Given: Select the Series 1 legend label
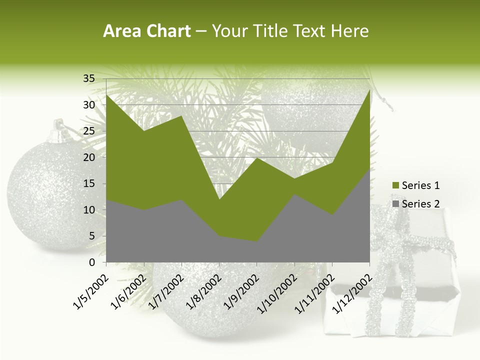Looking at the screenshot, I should tap(420, 185).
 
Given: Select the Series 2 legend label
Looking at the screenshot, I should tap(420, 203).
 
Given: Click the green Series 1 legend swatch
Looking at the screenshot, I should tap(395, 185).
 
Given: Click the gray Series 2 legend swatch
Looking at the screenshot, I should tap(395, 203).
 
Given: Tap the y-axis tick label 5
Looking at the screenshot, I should tap(91, 236).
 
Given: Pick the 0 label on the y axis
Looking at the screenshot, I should tap(91, 262).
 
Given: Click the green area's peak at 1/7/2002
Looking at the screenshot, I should tap(181, 116).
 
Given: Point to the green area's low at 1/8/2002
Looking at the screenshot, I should tap(219, 200).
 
